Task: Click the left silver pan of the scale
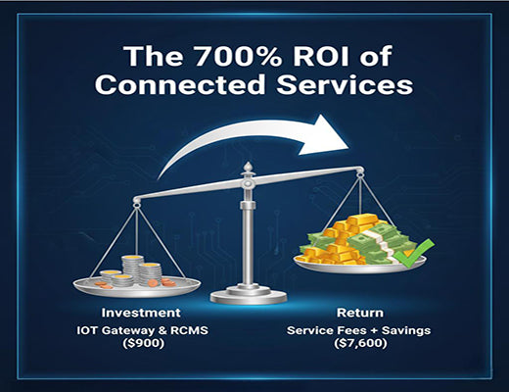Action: pyautogui.click(x=136, y=287)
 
